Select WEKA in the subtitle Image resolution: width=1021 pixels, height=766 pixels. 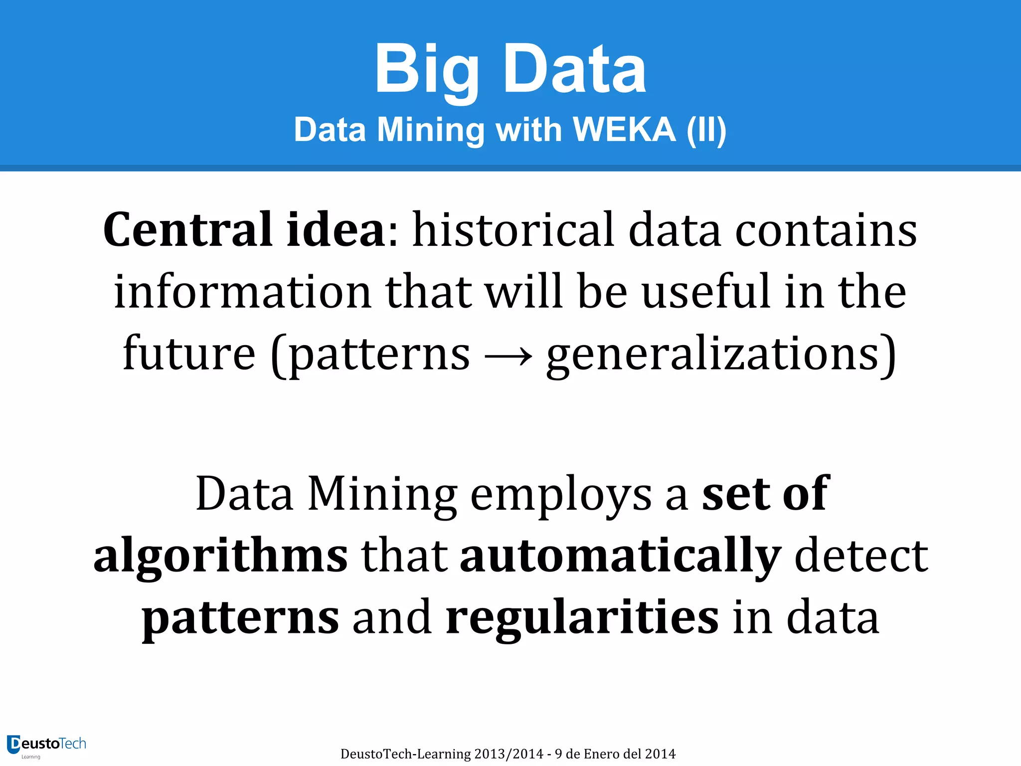point(624,130)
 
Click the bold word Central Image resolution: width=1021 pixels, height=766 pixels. point(187,229)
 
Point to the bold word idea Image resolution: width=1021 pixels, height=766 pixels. point(336,229)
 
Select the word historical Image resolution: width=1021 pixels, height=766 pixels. point(513,229)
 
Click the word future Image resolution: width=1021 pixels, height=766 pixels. point(189,353)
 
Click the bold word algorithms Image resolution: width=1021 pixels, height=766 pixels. point(220,557)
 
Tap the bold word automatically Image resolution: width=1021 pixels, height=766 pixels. point(620,557)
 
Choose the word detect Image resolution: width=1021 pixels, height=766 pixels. point(861,556)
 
